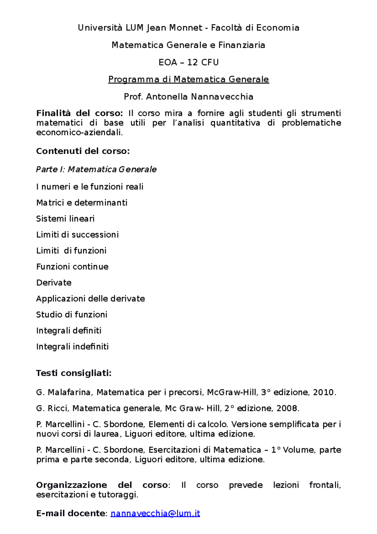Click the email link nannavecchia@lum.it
155,513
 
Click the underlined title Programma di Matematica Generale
188,79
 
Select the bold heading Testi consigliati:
74,373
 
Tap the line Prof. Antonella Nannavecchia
188,97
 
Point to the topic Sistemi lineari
65,219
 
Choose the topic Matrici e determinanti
82,203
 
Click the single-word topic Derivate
54,282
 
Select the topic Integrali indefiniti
72,347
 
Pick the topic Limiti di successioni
77,235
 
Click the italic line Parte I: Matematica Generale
96,170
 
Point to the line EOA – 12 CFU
188,62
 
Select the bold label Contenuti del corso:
83,151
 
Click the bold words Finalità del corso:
79,113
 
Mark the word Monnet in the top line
186,28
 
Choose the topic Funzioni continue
72,267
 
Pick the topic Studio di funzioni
72,314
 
